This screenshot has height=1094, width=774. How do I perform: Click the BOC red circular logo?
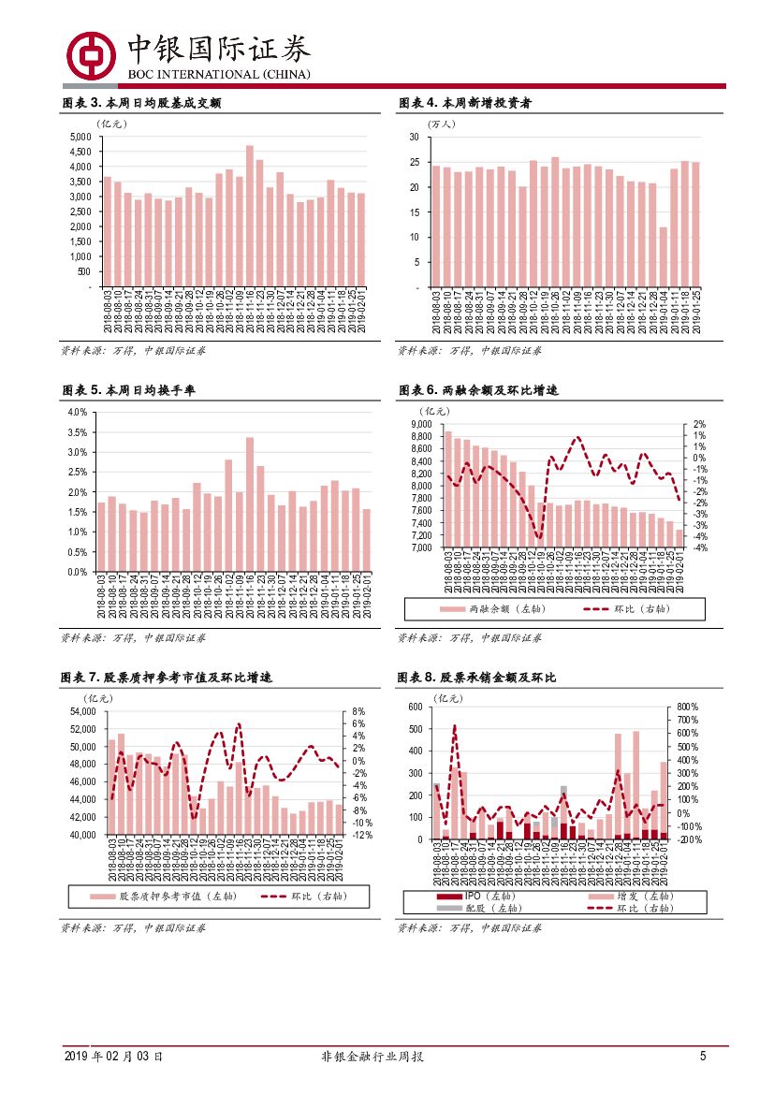tap(91, 56)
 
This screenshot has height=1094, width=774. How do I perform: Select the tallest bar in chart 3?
tap(249, 215)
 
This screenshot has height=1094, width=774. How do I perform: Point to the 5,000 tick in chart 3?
tap(80, 137)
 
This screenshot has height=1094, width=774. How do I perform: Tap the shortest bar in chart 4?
tap(663, 256)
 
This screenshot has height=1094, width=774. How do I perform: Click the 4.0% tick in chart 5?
tap(78, 413)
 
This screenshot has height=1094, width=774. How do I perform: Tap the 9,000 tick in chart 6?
tap(419, 424)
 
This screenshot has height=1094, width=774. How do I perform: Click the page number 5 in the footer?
tap(702, 1057)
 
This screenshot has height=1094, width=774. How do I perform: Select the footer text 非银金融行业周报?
tap(372, 1057)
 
